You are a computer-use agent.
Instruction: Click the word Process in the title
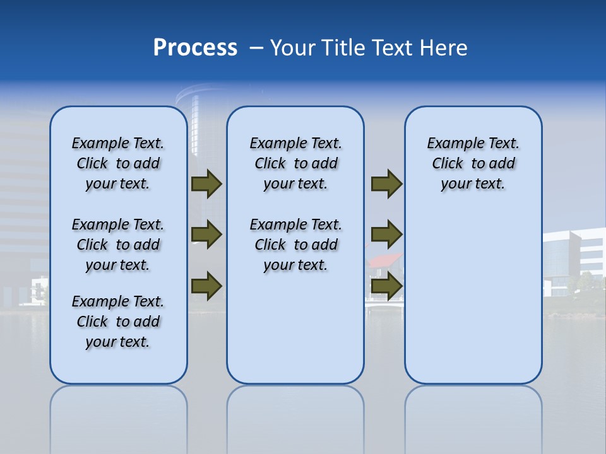(195, 48)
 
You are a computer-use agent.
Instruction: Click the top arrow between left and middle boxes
(206, 184)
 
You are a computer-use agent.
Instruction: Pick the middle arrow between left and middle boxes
(206, 235)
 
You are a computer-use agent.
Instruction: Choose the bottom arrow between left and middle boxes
(206, 286)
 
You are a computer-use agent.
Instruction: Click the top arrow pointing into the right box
(386, 184)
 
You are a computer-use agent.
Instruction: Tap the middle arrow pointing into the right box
(386, 235)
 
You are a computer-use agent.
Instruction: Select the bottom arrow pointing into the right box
(386, 286)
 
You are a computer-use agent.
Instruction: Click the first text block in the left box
(118, 163)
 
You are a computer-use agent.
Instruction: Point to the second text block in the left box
(118, 245)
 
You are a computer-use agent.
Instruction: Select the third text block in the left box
(118, 322)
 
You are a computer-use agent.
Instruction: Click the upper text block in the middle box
(295, 163)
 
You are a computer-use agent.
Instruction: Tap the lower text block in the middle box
(295, 245)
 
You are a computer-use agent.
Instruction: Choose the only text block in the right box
(473, 163)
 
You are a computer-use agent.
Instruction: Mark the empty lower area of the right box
(473, 303)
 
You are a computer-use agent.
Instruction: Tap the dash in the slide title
(256, 48)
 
